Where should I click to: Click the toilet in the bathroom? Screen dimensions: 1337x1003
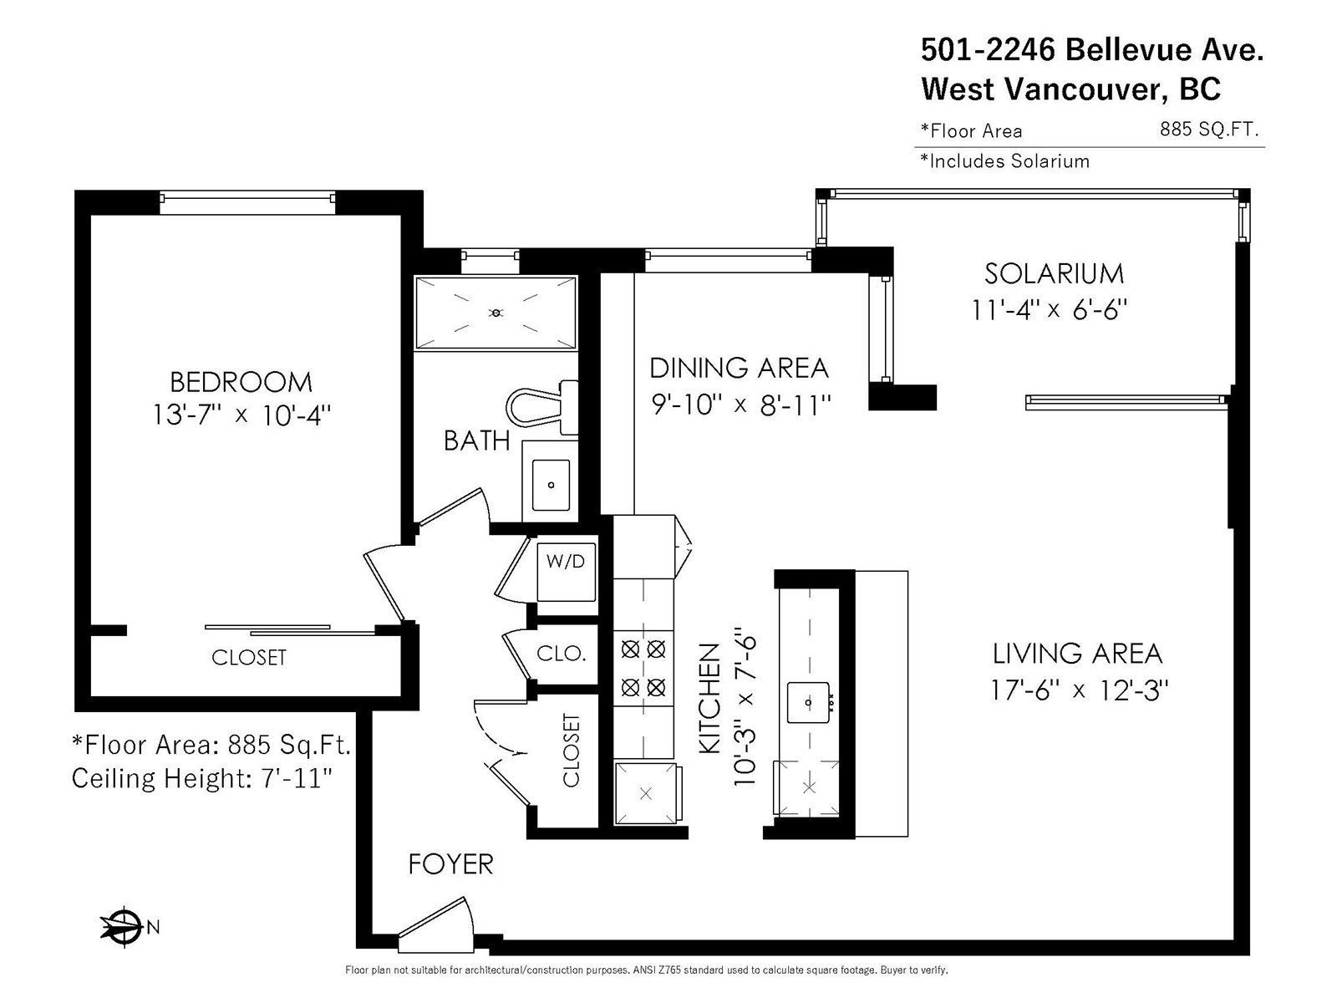tap(541, 406)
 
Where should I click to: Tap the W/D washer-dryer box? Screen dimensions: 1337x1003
tap(566, 572)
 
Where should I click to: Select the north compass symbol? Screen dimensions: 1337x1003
tap(129, 927)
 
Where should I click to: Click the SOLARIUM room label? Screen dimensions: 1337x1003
tap(1054, 274)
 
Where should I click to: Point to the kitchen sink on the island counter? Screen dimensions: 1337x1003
tap(808, 702)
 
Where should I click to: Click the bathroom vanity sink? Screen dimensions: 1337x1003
tap(551, 485)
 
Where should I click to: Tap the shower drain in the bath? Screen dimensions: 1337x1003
tap(496, 313)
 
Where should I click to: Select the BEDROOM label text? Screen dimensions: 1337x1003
tap(241, 383)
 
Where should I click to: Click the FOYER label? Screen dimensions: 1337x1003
tap(450, 864)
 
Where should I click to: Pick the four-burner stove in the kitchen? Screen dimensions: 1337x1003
tap(643, 668)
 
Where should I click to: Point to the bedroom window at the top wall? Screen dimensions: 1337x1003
tap(247, 203)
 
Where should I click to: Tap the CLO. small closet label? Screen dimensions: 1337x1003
tap(561, 654)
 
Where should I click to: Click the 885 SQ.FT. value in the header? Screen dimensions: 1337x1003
tap(1208, 129)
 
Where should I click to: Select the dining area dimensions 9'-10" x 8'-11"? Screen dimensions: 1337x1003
tap(740, 405)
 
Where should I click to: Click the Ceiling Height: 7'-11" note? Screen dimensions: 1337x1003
tap(202, 778)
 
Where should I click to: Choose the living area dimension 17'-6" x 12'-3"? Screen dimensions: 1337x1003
tap(1079, 690)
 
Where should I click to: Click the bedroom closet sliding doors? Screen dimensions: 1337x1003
tap(290, 629)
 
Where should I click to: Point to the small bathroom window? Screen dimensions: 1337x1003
tap(490, 261)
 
